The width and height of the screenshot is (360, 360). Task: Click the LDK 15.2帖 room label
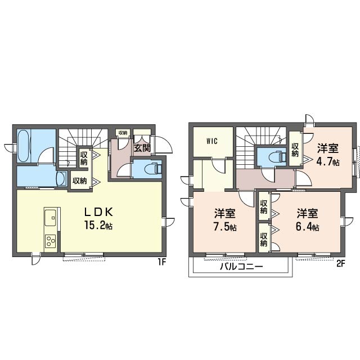99,218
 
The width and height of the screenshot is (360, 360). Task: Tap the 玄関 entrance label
142,148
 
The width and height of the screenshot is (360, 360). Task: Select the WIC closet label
212,141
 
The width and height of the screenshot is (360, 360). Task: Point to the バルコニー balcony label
241,267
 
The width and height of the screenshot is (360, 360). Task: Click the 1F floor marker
161,262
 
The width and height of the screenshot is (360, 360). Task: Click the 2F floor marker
341,264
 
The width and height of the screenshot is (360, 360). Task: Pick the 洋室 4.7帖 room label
328,155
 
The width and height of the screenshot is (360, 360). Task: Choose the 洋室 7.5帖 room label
225,220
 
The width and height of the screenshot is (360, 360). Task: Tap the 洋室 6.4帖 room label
307,220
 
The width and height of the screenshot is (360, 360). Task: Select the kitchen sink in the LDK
50,218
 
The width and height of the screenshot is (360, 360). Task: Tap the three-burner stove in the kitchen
51,241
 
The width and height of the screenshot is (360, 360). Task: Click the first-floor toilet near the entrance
153,169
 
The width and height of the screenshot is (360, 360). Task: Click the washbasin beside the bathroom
61,179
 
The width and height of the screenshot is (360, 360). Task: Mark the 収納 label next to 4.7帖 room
295,150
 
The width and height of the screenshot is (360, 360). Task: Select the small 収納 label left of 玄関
123,133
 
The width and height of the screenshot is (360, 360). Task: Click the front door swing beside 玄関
164,145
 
